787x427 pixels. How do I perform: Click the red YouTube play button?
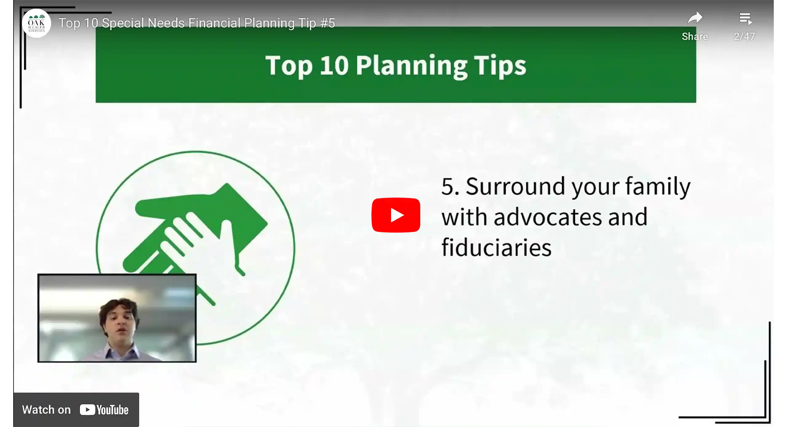(x=396, y=215)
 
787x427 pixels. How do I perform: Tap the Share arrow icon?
(x=695, y=18)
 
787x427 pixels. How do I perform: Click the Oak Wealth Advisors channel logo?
(x=36, y=23)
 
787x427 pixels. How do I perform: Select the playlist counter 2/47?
(x=744, y=37)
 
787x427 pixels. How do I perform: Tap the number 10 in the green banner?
(x=334, y=66)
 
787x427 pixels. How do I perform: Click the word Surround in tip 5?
(x=515, y=186)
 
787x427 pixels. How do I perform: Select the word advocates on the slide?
(x=548, y=217)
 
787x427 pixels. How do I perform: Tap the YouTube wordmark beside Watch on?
(x=104, y=410)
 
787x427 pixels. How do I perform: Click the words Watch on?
(x=46, y=410)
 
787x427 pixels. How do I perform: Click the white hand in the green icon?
(x=197, y=243)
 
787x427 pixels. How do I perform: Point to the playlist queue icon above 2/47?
(x=745, y=18)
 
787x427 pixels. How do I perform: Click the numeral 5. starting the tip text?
(x=450, y=187)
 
